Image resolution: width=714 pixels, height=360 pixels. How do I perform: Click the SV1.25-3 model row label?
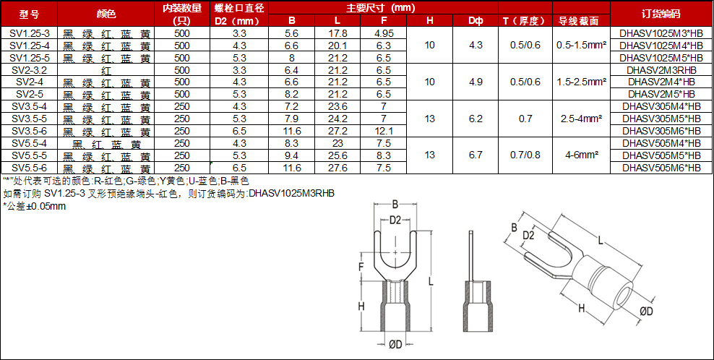coord(29,33)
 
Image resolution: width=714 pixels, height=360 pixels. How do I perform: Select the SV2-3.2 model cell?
coord(29,70)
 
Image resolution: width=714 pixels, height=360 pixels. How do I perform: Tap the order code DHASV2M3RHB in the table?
coord(662,70)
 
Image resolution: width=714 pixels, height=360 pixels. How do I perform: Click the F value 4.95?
coord(384,33)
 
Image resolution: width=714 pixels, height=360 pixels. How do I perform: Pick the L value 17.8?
coord(337,33)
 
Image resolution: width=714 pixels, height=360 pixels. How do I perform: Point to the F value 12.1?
coord(384,132)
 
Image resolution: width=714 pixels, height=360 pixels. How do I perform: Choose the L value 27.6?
coord(337,168)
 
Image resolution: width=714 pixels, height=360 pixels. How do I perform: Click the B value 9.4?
coord(292,156)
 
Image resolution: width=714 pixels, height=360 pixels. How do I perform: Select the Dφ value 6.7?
coord(476,155)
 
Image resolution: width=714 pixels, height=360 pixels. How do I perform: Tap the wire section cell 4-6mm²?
coord(582,155)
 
